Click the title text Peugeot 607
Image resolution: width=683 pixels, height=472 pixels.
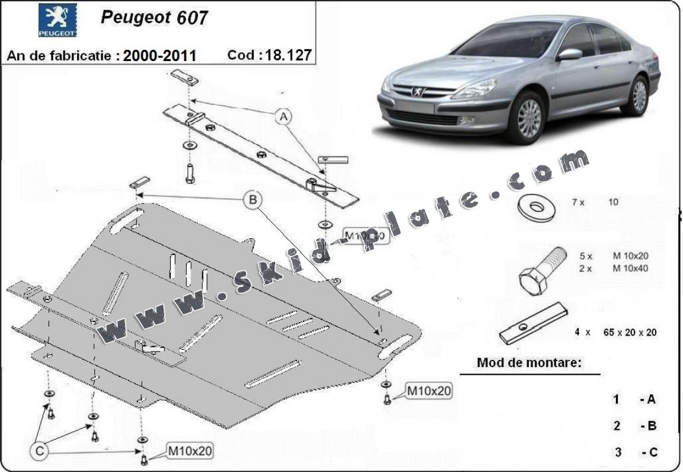pyautogui.click(x=154, y=17)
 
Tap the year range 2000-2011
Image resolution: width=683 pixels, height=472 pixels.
pyautogui.click(x=159, y=56)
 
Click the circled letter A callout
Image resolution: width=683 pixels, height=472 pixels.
pyautogui.click(x=283, y=117)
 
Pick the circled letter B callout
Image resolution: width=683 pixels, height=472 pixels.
pyautogui.click(x=253, y=200)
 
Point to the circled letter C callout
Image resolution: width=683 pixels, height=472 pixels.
pyautogui.click(x=39, y=451)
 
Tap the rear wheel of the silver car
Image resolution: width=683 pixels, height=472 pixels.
pyautogui.click(x=639, y=95)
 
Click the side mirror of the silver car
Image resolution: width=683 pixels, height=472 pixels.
pyautogui.click(x=570, y=55)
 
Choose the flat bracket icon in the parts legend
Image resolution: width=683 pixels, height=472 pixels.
pyautogui.click(x=534, y=323)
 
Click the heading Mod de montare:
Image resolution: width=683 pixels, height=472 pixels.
pyautogui.click(x=529, y=363)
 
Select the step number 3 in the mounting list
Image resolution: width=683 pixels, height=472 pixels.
pyautogui.click(x=618, y=452)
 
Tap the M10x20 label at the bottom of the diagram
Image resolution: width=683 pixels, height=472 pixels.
pyautogui.click(x=189, y=451)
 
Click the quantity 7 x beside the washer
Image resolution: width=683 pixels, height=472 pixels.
pyautogui.click(x=578, y=202)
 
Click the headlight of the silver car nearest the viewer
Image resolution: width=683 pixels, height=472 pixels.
pyautogui.click(x=474, y=90)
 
